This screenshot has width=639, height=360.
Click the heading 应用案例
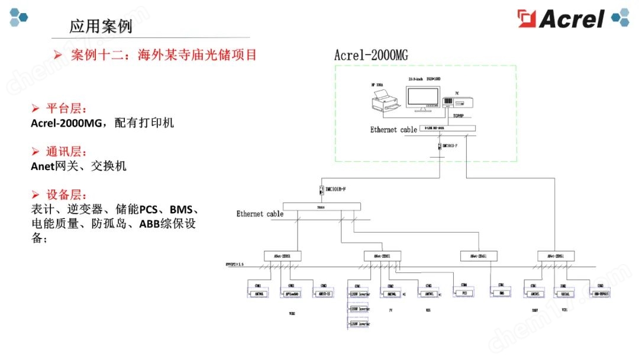(101, 27)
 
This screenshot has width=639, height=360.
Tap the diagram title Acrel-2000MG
(370, 55)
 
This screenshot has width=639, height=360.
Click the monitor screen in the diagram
(423, 96)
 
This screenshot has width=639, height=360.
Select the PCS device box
(464, 292)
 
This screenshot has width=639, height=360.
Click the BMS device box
(501, 292)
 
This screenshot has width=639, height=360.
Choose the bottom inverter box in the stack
(359, 323)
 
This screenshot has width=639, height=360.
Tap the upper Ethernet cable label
(393, 130)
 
